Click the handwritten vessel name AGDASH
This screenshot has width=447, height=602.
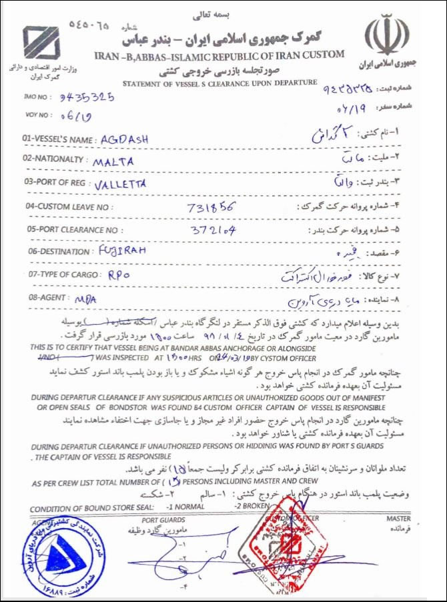point(123,139)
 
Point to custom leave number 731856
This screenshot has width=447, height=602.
point(211,206)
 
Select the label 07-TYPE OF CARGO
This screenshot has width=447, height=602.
point(60,275)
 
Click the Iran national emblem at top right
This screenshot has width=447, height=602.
point(390,37)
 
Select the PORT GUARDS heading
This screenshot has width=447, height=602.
point(159,519)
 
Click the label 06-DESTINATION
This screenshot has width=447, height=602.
point(55,252)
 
